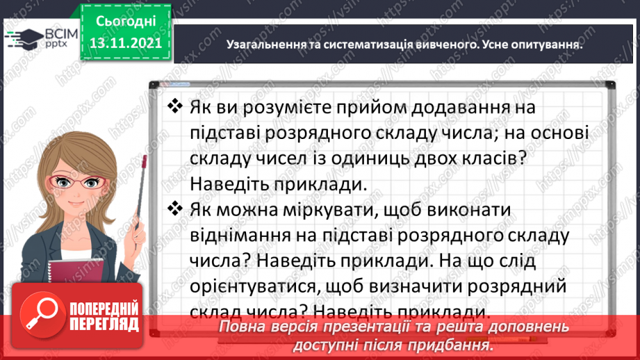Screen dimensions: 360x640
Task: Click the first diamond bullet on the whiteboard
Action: [x=174, y=108]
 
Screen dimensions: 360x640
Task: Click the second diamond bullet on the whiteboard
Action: [x=174, y=209]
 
